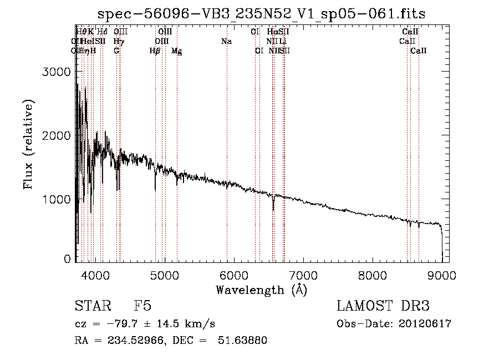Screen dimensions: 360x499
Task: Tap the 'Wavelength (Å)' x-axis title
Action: pos(261,290)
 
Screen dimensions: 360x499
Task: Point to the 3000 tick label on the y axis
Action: pos(56,72)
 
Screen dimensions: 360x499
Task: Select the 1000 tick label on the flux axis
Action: pos(56,200)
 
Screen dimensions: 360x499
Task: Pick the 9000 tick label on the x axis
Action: pos(442,275)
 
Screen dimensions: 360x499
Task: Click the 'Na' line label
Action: pos(226,41)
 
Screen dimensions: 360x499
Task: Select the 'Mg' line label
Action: pos(176,50)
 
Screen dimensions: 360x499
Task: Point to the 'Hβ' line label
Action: pos(155,50)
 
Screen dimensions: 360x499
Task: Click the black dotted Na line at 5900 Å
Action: pos(227,139)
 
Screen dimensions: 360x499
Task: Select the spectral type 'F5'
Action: pos(142,307)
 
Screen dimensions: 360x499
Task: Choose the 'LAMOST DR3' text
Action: pos(383,307)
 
